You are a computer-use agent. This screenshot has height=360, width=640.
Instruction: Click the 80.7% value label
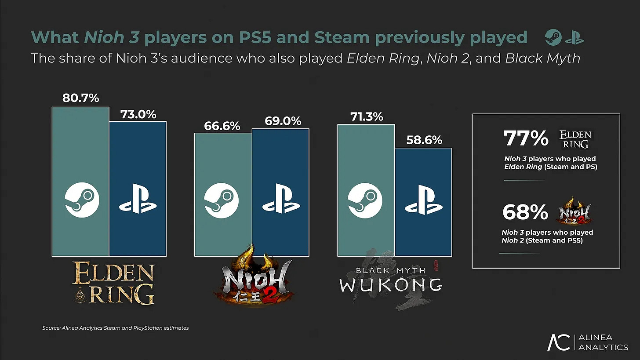(x=80, y=98)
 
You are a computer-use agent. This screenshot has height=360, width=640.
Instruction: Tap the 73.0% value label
(x=138, y=114)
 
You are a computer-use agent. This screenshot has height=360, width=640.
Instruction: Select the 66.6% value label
(x=222, y=126)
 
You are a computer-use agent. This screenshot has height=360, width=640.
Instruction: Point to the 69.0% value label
(x=283, y=121)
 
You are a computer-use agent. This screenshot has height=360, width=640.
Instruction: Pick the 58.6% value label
(x=424, y=140)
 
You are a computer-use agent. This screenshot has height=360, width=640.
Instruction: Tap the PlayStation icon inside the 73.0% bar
(x=138, y=202)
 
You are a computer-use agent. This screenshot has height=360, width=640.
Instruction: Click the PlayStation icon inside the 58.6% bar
(x=423, y=201)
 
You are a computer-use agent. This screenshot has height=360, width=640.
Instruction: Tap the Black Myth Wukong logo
(x=390, y=280)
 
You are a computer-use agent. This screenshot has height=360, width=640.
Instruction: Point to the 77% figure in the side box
(x=526, y=138)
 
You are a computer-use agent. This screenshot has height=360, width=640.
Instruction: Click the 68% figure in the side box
(x=525, y=213)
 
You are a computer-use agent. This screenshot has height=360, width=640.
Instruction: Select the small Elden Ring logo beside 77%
(x=575, y=139)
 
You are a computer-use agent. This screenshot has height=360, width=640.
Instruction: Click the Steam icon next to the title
(x=553, y=38)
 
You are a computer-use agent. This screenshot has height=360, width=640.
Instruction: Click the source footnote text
(x=115, y=328)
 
